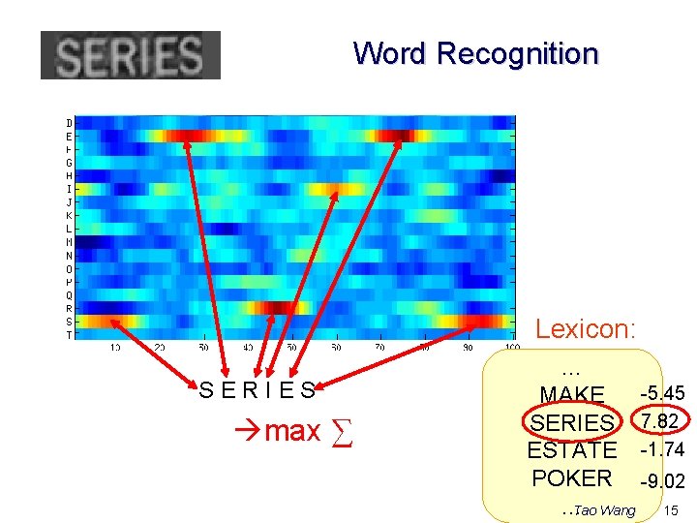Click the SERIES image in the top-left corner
(x=130, y=55)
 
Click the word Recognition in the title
(x=518, y=53)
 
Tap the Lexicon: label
(x=586, y=329)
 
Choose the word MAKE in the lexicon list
(x=572, y=395)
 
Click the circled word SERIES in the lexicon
(x=572, y=423)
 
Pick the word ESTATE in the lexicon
(x=572, y=450)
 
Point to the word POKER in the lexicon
(x=572, y=478)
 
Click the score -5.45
(x=662, y=394)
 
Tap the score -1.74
(x=662, y=449)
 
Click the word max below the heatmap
(x=291, y=430)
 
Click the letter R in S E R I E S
(x=251, y=391)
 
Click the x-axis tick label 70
(x=380, y=347)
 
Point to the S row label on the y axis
(x=69, y=322)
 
